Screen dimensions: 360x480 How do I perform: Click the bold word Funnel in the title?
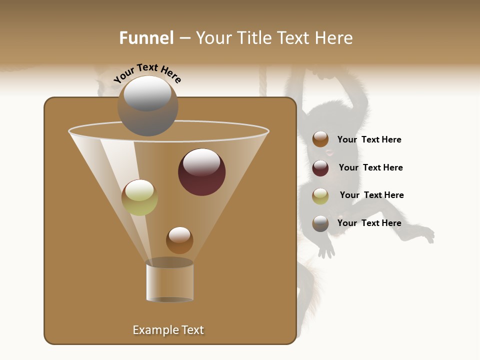click(x=146, y=38)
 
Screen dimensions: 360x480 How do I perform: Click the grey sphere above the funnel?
click(x=147, y=105)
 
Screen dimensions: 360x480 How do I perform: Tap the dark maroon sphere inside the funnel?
click(x=202, y=172)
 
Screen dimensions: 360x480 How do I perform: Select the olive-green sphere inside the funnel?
click(x=139, y=197)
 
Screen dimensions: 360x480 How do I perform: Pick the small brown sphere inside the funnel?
click(x=179, y=240)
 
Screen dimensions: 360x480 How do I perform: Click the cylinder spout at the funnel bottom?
click(x=169, y=281)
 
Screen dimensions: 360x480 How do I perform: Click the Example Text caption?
click(x=168, y=330)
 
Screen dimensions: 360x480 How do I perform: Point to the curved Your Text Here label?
click(x=147, y=73)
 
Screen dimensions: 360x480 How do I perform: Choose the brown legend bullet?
click(x=320, y=139)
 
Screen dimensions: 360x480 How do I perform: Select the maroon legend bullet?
click(x=320, y=168)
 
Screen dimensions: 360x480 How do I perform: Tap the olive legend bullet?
click(x=320, y=196)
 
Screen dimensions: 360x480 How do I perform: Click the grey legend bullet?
click(x=320, y=223)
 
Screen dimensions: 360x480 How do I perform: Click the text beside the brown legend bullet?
click(x=369, y=139)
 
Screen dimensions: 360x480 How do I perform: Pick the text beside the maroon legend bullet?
click(x=370, y=167)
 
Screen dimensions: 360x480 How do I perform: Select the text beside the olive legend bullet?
click(x=371, y=195)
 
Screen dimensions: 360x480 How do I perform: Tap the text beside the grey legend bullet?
click(x=369, y=223)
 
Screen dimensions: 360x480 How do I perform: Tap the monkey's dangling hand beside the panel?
click(x=326, y=249)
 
